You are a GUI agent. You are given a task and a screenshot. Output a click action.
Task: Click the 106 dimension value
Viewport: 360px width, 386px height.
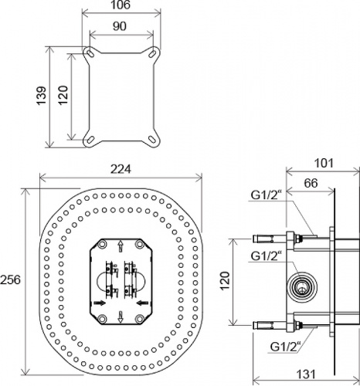(x=121, y=5)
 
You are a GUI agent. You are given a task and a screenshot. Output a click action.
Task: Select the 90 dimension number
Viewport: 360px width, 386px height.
(x=120, y=26)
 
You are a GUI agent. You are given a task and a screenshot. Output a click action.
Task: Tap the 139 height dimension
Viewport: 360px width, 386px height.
(x=42, y=96)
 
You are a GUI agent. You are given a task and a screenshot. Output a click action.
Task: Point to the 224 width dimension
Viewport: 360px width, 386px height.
(x=121, y=169)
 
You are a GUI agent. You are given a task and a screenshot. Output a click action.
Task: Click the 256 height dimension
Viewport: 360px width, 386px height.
(x=10, y=279)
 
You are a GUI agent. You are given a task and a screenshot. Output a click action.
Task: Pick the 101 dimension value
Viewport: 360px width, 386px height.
(x=324, y=163)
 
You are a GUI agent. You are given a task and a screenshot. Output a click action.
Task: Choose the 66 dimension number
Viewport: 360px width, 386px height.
(x=311, y=183)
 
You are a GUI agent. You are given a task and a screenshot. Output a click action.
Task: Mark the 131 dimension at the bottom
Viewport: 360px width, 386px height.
(x=306, y=374)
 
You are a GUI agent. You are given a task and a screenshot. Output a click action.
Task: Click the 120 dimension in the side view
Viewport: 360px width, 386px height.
(x=225, y=280)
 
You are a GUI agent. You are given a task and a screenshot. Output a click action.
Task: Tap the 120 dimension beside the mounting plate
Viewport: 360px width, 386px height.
(x=63, y=95)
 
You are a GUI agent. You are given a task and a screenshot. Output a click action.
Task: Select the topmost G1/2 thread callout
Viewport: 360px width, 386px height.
(x=265, y=195)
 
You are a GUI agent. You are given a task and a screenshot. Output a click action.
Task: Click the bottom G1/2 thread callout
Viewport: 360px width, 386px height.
(x=286, y=347)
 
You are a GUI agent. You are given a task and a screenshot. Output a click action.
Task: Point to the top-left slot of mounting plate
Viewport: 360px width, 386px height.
(x=90, y=52)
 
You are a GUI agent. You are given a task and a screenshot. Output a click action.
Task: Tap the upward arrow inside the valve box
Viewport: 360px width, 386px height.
(x=121, y=246)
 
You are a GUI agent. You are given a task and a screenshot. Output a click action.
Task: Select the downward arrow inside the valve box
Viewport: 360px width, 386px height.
(x=121, y=317)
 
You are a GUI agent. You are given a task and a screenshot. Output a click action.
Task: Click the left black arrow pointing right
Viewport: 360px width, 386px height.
(x=100, y=303)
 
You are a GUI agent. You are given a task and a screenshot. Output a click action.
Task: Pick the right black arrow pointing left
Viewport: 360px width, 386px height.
(x=142, y=303)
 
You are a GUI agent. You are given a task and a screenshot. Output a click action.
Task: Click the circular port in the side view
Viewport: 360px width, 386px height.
(x=302, y=286)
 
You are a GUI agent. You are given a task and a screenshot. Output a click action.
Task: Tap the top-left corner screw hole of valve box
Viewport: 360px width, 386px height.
(x=103, y=244)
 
